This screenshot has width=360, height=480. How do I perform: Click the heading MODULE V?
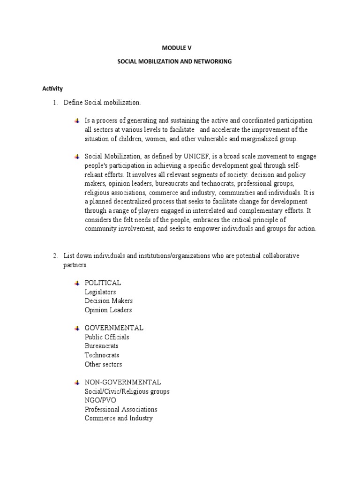177,48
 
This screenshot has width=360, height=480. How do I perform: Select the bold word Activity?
52,89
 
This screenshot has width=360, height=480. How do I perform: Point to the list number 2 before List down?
55,256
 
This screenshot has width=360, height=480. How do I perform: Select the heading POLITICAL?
103,283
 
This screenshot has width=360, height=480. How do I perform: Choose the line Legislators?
100,292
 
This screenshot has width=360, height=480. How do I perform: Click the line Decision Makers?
109,301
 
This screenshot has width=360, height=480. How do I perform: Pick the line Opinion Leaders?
108,310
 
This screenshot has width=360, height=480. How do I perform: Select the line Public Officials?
107,337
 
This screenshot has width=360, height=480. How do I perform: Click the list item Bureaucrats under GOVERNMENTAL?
102,346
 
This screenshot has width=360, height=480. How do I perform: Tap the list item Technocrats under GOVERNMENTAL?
102,355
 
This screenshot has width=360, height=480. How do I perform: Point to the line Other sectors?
103,364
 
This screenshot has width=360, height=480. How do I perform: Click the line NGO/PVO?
100,400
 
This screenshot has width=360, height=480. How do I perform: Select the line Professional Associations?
121,409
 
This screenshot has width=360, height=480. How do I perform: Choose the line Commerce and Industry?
119,418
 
